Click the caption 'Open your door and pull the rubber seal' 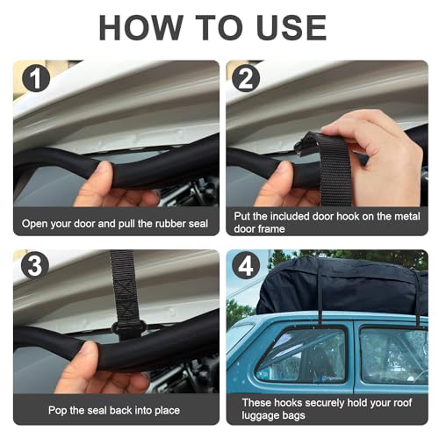[116, 223]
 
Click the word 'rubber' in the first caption [150, 223]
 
